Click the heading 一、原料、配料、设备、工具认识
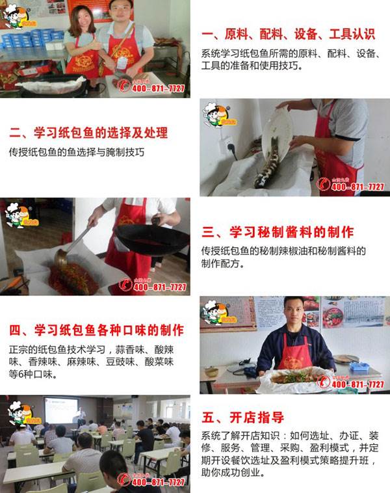click(x=289, y=34)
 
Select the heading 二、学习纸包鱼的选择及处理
click(x=88, y=133)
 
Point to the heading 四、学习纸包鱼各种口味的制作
click(x=96, y=330)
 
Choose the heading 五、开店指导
click(x=243, y=417)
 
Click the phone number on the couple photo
click(x=158, y=88)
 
